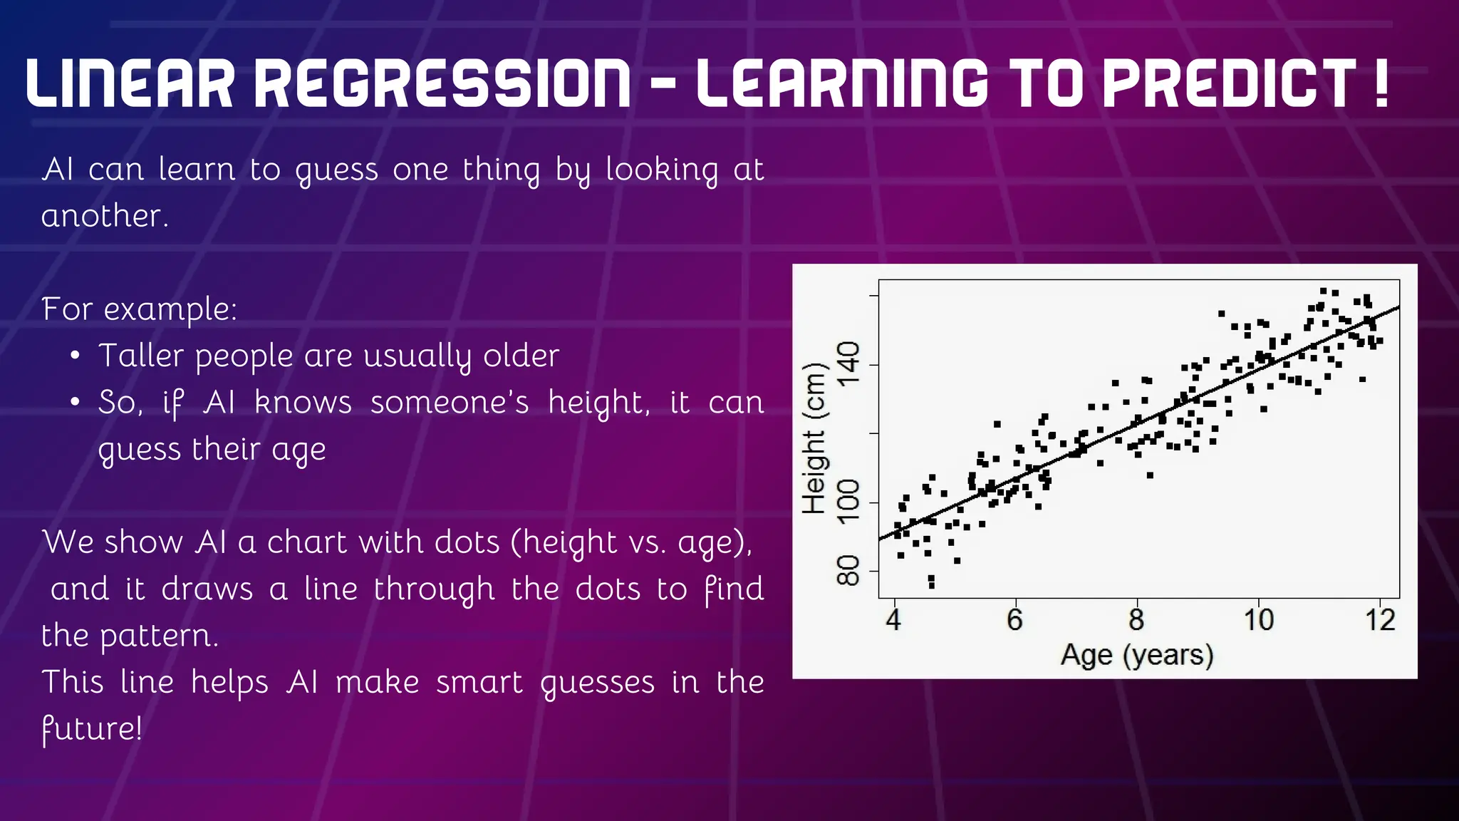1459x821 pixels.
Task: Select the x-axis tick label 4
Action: (x=893, y=619)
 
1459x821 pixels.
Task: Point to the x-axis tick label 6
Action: (x=1014, y=619)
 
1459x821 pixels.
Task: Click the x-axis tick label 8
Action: (x=1136, y=619)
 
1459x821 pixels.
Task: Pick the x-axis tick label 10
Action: (x=1258, y=619)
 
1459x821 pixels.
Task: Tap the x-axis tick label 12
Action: (x=1380, y=619)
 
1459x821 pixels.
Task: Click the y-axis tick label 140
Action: (x=848, y=364)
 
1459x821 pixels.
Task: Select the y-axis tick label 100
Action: (x=848, y=501)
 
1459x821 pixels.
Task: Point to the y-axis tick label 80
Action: (x=848, y=570)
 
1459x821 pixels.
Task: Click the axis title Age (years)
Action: (x=1137, y=655)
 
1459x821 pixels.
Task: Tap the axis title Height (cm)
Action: (x=814, y=438)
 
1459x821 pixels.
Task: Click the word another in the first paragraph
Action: (x=104, y=216)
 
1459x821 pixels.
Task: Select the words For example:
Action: (x=139, y=309)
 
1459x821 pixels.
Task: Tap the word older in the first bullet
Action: (x=521, y=356)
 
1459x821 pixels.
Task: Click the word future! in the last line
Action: (x=91, y=728)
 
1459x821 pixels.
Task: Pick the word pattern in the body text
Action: (x=158, y=636)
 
